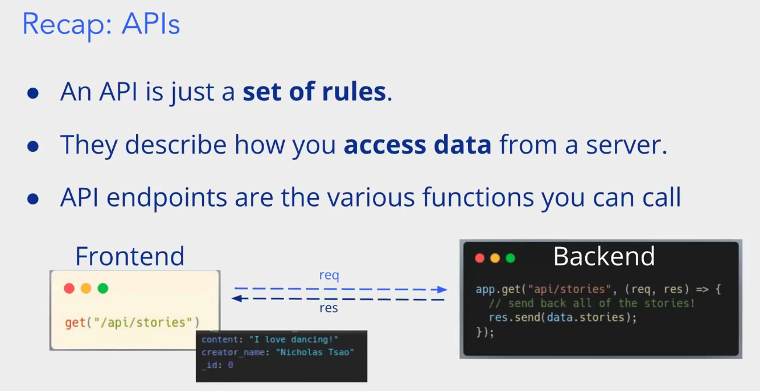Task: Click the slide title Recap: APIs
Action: (101, 24)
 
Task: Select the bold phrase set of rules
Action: (314, 92)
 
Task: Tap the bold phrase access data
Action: (417, 145)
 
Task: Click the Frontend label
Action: (130, 256)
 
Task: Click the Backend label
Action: (604, 257)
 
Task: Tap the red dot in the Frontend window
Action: (69, 289)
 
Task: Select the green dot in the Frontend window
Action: (103, 289)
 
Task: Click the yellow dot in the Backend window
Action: (495, 258)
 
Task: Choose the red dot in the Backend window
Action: (480, 258)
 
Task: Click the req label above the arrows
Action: (328, 276)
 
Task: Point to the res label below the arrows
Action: (328, 308)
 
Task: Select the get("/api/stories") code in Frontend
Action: (133, 323)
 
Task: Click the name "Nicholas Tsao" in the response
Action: (315, 352)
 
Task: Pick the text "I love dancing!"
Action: (294, 340)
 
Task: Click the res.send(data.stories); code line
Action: (562, 318)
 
